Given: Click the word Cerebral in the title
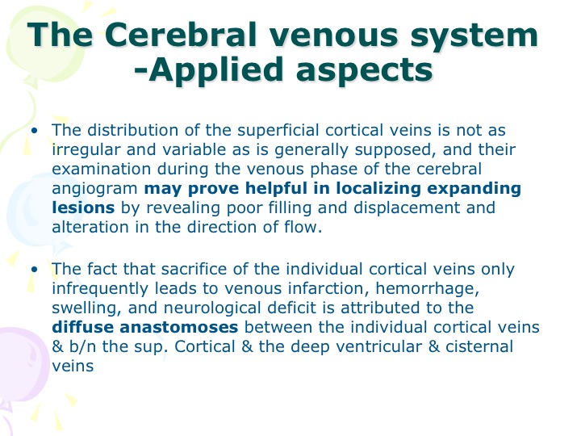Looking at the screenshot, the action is tap(181, 35).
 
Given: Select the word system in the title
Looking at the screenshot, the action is tap(474, 36).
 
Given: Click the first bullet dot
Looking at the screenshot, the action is tap(35, 131).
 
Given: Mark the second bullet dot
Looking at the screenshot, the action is tap(35, 269).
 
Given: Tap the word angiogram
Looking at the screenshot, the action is tap(95, 189).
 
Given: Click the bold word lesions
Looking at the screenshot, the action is tap(83, 208).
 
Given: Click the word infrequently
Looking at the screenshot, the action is tap(100, 289).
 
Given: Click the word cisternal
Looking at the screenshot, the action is tap(479, 346).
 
